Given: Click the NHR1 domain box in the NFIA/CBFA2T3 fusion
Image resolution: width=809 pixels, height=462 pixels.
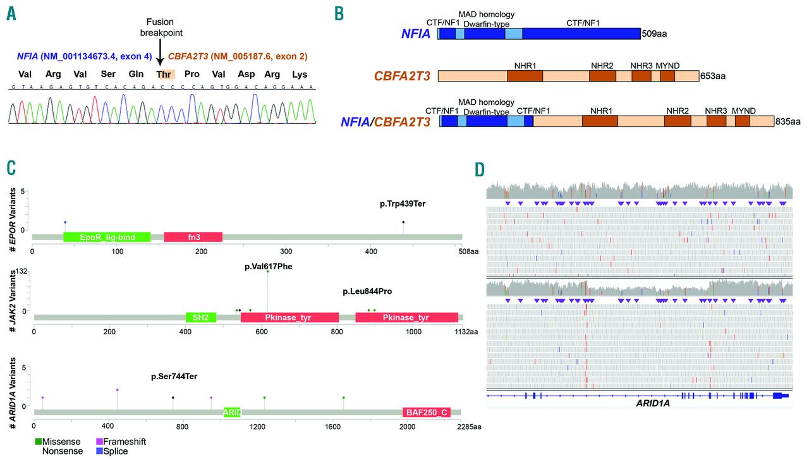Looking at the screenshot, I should (x=600, y=121).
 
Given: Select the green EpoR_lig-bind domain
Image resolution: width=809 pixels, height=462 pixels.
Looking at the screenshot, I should (x=106, y=237).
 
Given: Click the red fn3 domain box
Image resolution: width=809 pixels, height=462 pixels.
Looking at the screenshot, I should (x=193, y=237).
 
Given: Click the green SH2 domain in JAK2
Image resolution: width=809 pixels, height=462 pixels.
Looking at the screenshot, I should (x=200, y=317).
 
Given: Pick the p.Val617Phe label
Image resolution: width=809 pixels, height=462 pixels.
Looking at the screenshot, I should (x=268, y=267).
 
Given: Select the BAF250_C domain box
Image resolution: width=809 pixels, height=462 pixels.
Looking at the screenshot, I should (x=426, y=413).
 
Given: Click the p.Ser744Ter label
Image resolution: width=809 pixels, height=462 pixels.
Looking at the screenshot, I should (x=174, y=377).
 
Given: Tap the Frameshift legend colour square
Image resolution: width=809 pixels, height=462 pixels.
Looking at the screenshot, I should (x=99, y=441).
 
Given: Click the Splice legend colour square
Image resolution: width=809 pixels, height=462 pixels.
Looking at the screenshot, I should (x=99, y=451).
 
